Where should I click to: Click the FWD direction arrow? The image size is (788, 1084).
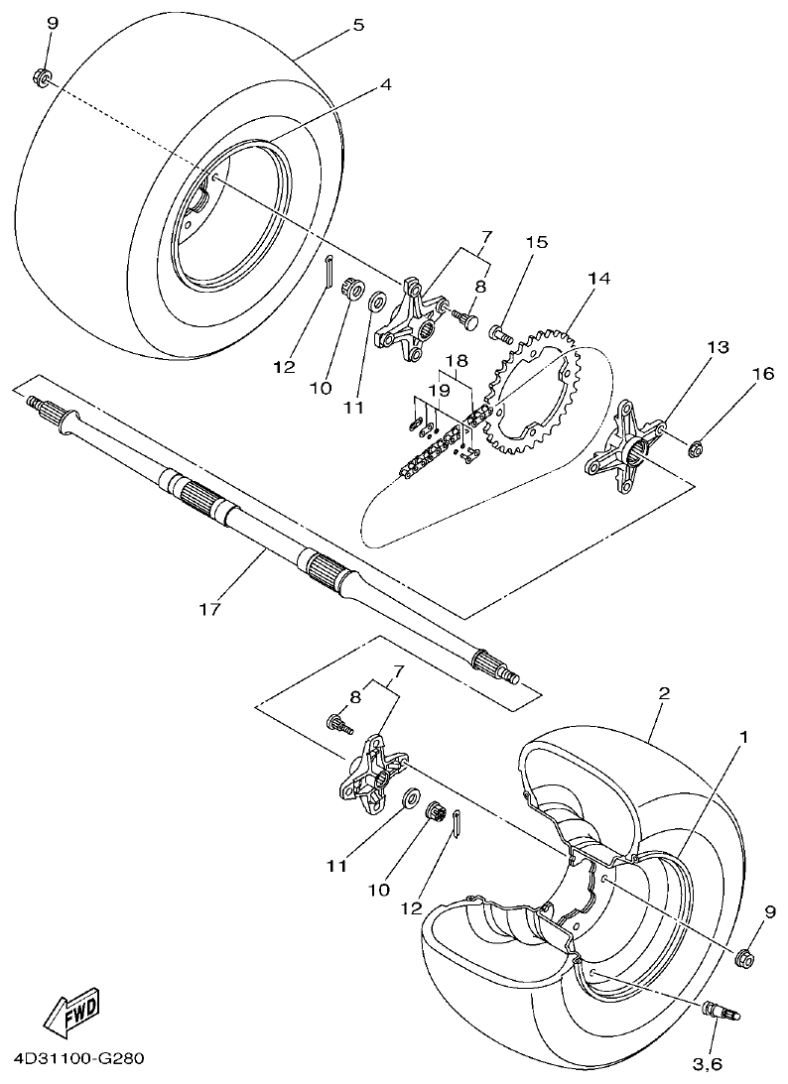coord(71,1012)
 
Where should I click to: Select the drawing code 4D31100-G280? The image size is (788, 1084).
coord(79,1059)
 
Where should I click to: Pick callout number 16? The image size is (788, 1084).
coord(761,374)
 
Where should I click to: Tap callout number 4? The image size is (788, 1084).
coord(384,84)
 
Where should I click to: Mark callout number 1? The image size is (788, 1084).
coord(741,738)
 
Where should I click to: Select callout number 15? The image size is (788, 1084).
coord(537,242)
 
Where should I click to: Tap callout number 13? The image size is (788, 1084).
coord(718,347)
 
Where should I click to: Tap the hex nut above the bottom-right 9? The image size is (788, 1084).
coord(744,958)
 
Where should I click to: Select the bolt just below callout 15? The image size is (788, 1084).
coord(500,334)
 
